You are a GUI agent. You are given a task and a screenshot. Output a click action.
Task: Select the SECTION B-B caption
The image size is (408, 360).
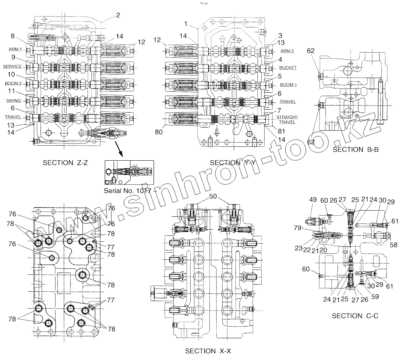point(355,149)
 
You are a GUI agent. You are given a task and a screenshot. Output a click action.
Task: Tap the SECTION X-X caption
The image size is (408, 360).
point(208,351)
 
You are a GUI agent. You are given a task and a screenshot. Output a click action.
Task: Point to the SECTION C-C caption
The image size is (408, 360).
point(355,316)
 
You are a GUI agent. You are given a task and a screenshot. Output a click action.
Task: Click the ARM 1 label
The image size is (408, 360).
point(15,49)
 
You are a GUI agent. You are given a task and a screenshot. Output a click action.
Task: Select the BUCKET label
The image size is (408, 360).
point(288,68)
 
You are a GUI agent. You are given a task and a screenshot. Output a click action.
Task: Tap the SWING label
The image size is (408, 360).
point(14,100)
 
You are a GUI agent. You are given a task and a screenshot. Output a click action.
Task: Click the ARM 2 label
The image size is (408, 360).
point(287,51)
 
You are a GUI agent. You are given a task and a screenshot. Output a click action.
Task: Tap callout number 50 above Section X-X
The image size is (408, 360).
point(213,196)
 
